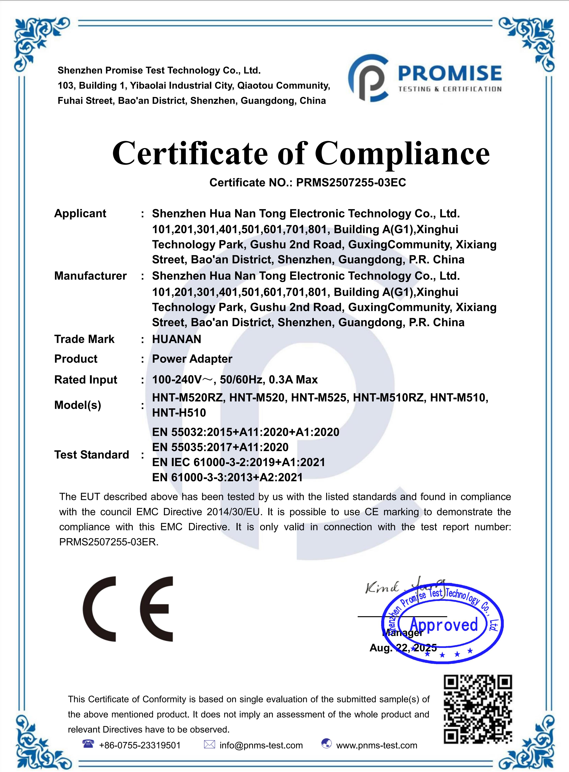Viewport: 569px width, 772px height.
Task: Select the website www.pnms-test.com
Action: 377,745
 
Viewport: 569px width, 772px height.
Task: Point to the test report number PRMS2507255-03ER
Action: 108,542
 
